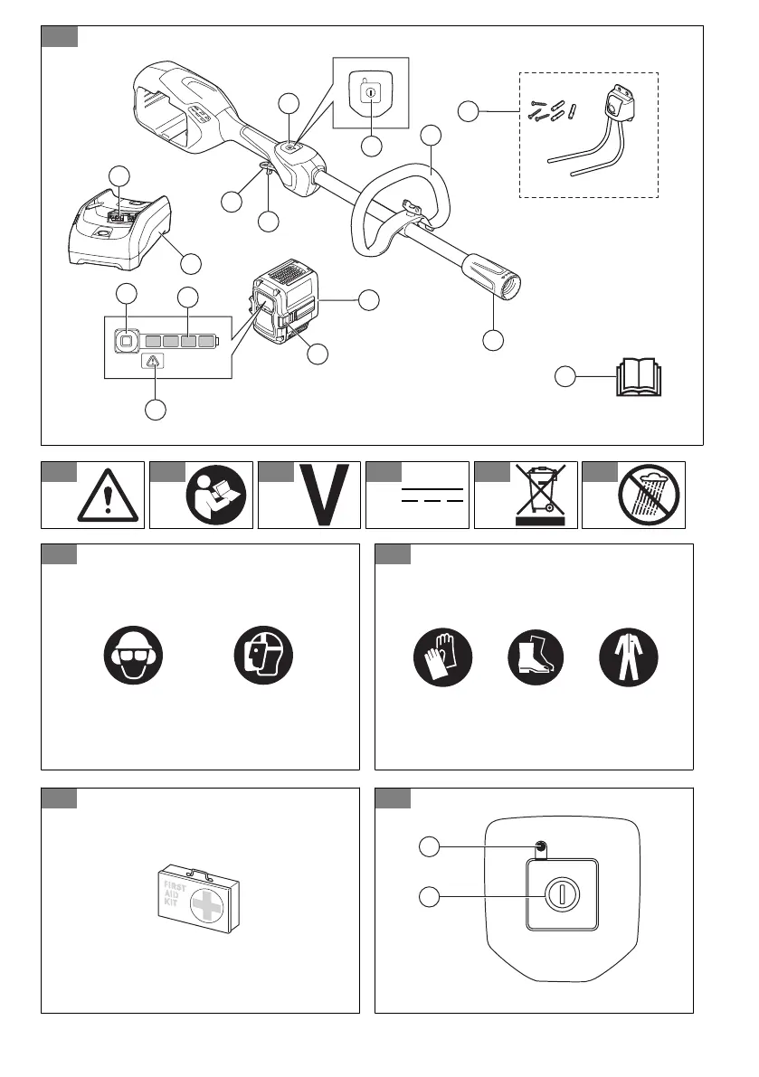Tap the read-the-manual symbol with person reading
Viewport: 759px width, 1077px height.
214,496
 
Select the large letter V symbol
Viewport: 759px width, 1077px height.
323,496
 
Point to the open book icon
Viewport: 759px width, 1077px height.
639,377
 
